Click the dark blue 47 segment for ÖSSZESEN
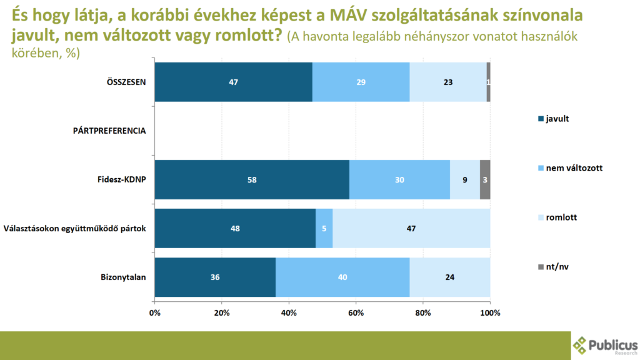click(x=233, y=82)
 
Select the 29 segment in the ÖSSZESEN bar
click(x=361, y=82)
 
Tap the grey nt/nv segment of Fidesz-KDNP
click(x=485, y=179)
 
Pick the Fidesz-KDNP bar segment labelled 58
click(x=252, y=179)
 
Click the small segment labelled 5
click(x=324, y=228)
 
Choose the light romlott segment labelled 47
click(x=411, y=228)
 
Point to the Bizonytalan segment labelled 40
click(x=342, y=277)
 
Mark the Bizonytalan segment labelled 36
click(x=215, y=277)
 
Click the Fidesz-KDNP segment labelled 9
click(x=464, y=179)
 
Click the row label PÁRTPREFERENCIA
click(x=111, y=131)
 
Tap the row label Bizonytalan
click(x=123, y=277)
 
